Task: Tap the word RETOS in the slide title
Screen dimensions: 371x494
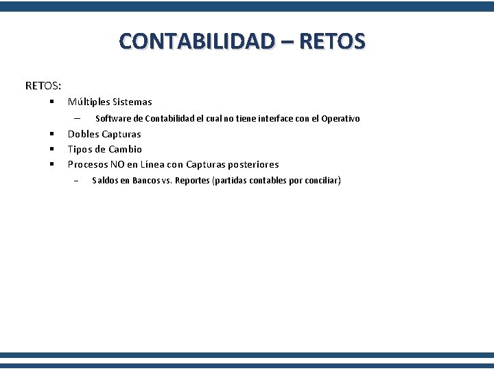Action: (x=332, y=41)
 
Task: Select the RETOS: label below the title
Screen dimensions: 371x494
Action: (x=43, y=86)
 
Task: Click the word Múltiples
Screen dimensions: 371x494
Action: (x=92, y=102)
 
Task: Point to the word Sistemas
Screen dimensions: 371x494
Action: (x=136, y=102)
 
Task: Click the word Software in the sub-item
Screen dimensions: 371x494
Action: (x=113, y=119)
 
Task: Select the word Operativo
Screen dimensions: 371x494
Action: (x=340, y=119)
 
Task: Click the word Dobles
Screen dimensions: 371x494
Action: (x=83, y=134)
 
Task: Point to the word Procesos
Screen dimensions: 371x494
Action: (x=87, y=164)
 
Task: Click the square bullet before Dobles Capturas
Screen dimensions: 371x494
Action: (x=51, y=134)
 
